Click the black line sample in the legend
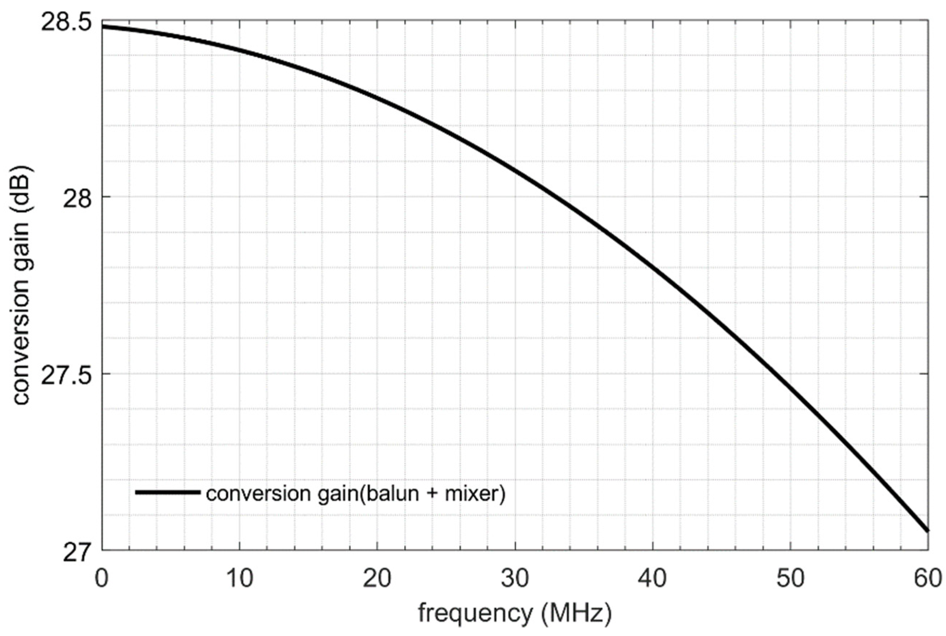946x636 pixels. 168,492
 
